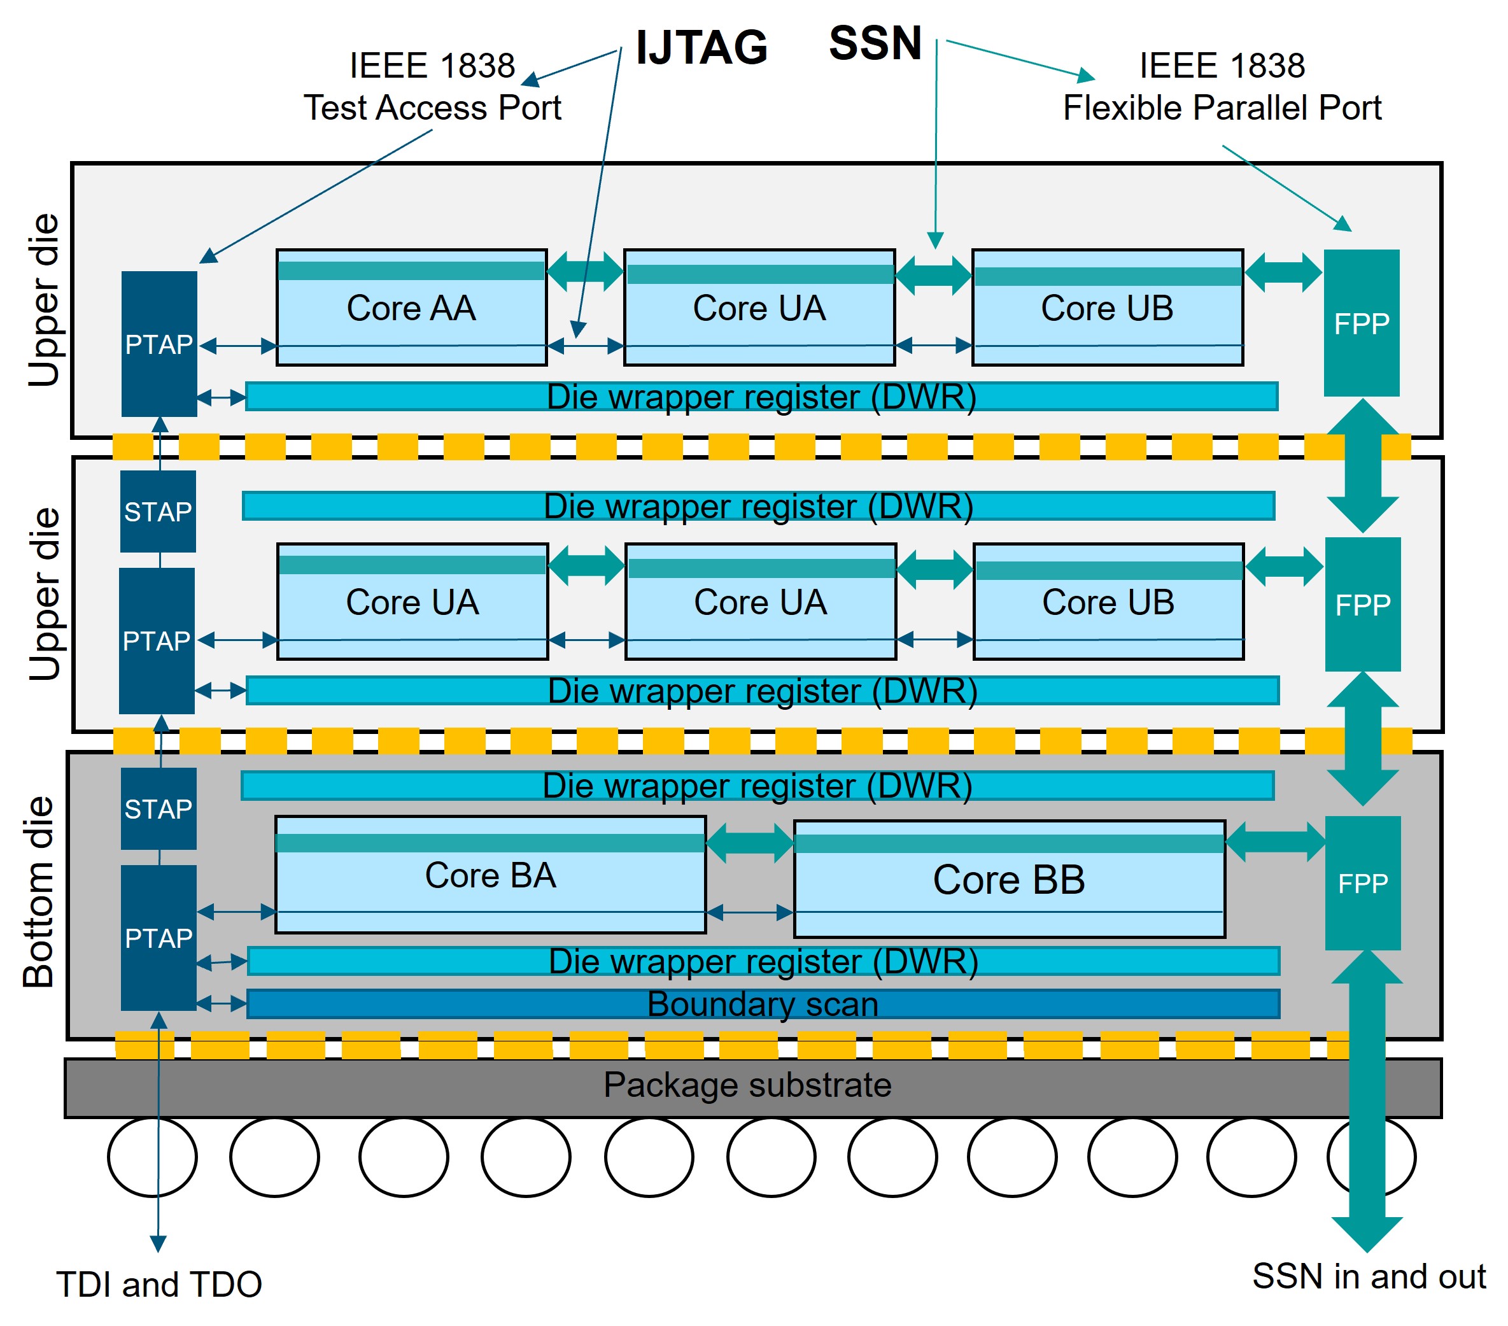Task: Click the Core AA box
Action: (412, 307)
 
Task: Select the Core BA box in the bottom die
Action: (491, 875)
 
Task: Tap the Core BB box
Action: (1010, 879)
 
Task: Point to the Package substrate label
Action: (747, 1085)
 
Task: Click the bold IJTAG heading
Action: (701, 47)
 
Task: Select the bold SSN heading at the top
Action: (875, 43)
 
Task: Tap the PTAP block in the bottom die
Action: (159, 938)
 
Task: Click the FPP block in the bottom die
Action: (1363, 884)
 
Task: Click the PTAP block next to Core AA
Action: (159, 344)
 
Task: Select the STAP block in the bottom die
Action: (159, 808)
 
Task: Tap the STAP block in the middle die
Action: (158, 511)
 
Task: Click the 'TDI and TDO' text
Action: (159, 1284)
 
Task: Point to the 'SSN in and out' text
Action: (1369, 1276)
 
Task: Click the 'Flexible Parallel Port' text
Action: (1222, 108)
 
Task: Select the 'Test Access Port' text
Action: (432, 108)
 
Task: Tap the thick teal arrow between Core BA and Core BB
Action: (750, 843)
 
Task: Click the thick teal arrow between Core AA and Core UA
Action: (586, 271)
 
